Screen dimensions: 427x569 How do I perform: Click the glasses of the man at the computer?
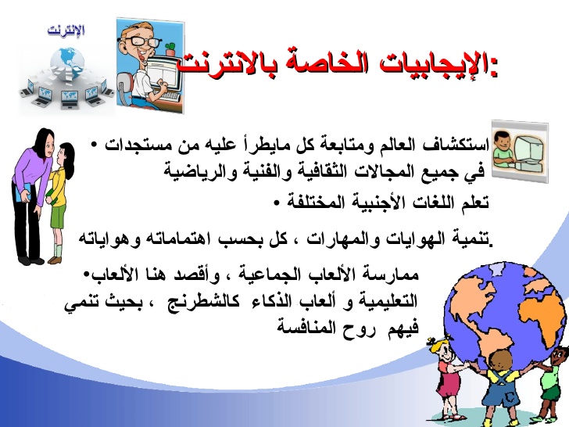click(144, 40)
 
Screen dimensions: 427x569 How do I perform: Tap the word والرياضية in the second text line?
click(195, 169)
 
